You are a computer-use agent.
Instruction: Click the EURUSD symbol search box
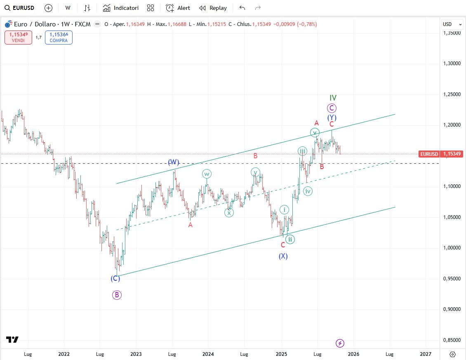point(20,8)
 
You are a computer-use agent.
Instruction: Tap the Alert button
point(178,8)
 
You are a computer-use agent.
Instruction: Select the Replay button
point(213,8)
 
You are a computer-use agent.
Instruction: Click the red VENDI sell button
point(18,38)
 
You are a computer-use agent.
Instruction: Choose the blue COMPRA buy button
point(59,38)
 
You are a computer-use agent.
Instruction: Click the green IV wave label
point(333,98)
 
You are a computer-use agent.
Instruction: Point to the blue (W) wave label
point(173,162)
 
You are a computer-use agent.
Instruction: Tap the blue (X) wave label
point(283,256)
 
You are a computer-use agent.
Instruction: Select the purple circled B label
point(117,295)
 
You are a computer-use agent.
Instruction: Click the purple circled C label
point(332,108)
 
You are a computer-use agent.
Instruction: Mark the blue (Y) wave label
point(332,118)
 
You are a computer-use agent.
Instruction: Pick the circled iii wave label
point(302,151)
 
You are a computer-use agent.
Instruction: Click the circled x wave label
point(229,212)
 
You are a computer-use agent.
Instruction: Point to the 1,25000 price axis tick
point(452,94)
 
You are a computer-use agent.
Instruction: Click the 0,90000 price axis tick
point(452,309)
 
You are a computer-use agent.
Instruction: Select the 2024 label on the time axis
point(208,354)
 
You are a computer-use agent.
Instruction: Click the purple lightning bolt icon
point(340,343)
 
